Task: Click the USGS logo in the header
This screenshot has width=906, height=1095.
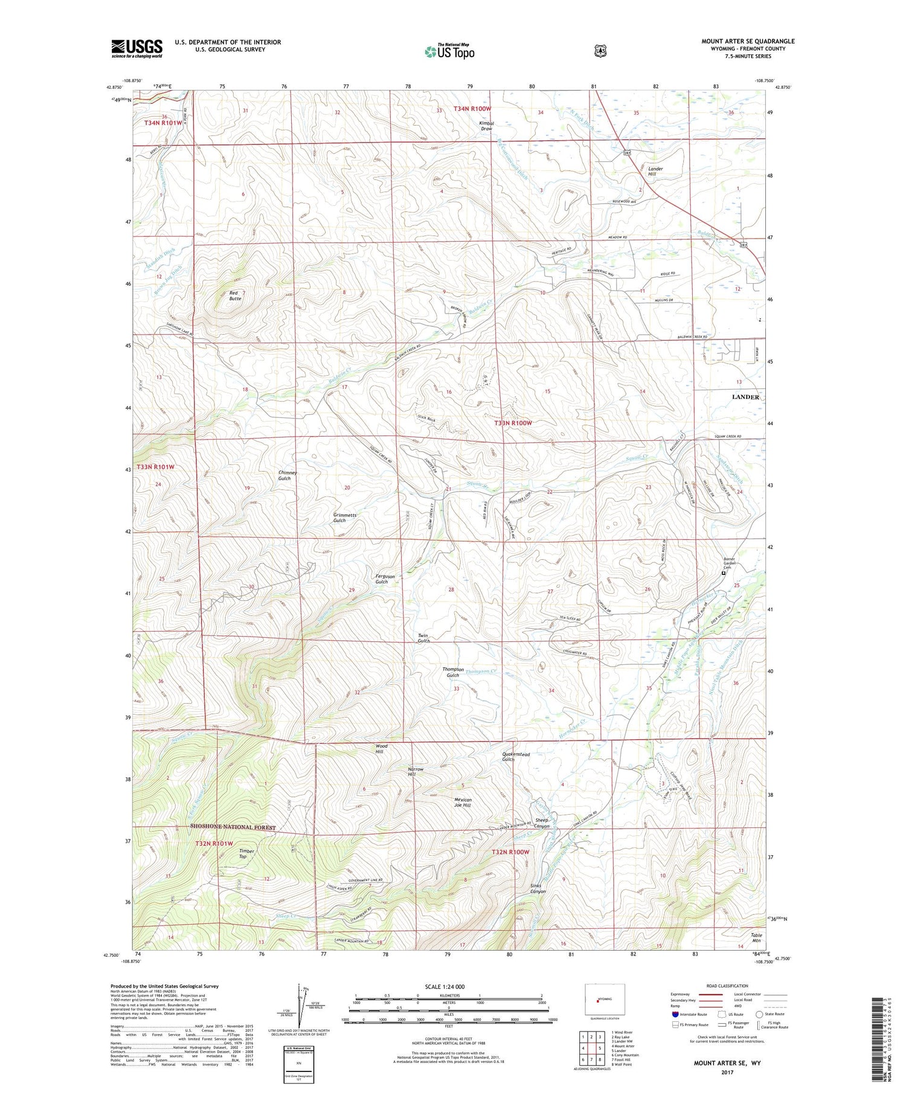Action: click(137, 48)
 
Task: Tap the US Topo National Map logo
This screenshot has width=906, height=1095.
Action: click(449, 51)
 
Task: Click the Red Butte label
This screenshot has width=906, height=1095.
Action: click(235, 295)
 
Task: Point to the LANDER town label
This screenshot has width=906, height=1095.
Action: click(745, 397)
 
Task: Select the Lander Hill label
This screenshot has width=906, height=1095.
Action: click(655, 172)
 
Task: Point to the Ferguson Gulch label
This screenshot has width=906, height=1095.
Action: click(385, 579)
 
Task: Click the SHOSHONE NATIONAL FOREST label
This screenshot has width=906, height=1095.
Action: click(233, 827)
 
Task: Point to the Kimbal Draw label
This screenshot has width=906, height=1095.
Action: click(487, 126)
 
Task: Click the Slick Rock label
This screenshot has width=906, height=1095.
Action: click(426, 419)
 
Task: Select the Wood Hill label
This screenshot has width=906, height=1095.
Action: click(381, 749)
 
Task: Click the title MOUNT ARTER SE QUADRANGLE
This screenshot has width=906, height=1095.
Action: click(748, 41)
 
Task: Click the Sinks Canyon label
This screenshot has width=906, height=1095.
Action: click(538, 888)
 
